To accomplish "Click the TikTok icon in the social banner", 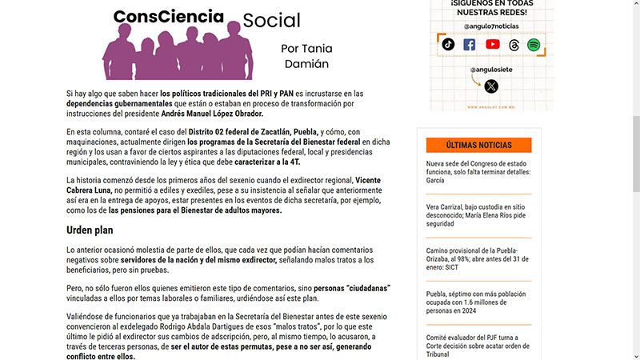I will tap(448, 45).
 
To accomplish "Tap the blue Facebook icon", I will tap(470, 45).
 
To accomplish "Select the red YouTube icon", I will tap(492, 45).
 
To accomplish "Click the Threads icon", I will tap(514, 45).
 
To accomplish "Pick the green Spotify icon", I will tap(534, 45).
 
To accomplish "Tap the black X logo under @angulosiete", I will tap(491, 86).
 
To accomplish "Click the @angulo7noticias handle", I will tap(490, 26).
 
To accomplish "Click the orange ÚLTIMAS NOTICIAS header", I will tap(479, 145).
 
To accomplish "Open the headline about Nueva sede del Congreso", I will tap(478, 171).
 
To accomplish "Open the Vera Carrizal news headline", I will tap(478, 215).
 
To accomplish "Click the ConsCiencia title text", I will tap(168, 15).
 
